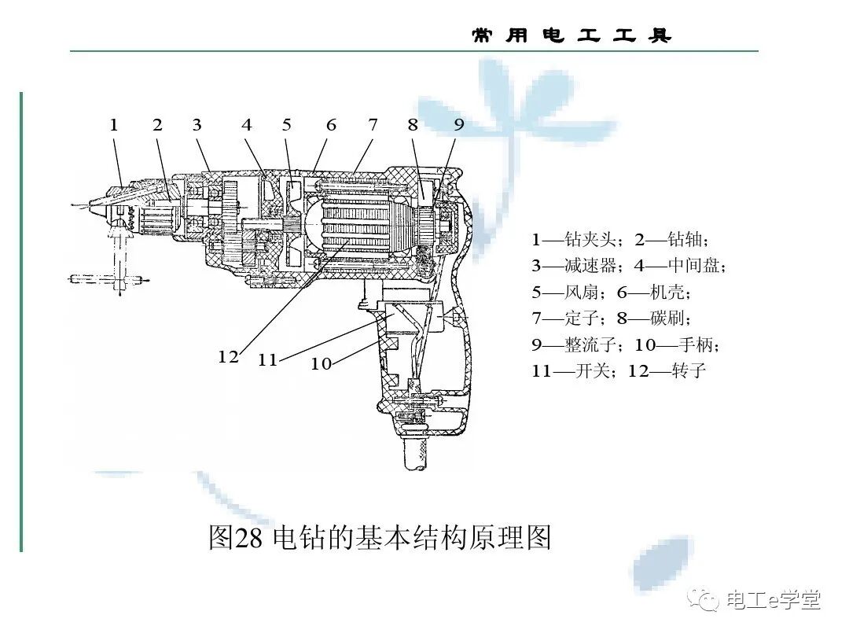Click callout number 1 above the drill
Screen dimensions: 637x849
tap(114, 125)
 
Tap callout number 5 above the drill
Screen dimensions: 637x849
tap(287, 125)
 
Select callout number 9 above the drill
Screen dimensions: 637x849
tap(459, 125)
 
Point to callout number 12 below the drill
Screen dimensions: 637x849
tap(228, 356)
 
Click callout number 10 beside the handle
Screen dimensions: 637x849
tap(321, 363)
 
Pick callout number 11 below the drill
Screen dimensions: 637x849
tap(268, 360)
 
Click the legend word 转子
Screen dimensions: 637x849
tap(689, 370)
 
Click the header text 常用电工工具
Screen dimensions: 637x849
tap(572, 36)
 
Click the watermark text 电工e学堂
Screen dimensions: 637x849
tap(774, 600)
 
